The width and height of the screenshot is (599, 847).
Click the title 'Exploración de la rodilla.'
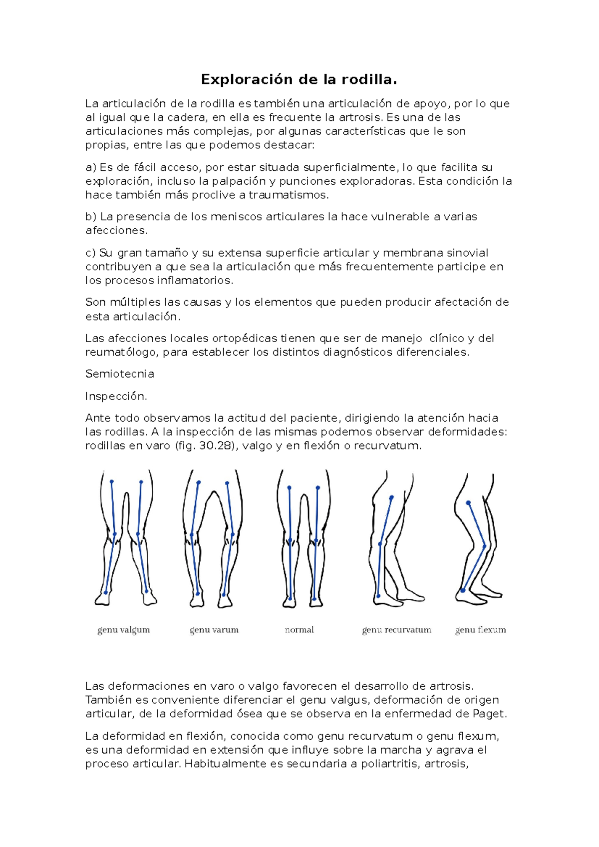coord(299,79)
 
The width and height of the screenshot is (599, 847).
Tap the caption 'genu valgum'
coord(123,630)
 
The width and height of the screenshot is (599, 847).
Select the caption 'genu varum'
coord(214,630)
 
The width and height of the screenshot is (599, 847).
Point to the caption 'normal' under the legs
coord(299,630)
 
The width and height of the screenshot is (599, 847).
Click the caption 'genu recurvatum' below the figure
coord(396,630)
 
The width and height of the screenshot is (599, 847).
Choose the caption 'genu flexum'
coord(480,630)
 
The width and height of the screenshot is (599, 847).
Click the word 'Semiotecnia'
coord(119,374)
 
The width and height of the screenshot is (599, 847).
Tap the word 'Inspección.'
coord(116,396)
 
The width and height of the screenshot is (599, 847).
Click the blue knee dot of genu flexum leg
coord(484,546)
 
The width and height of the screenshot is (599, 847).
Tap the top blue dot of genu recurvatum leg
coord(391,497)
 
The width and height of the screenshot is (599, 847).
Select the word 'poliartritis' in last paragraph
coord(389,764)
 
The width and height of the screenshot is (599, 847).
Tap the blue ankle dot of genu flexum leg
coord(463,591)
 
